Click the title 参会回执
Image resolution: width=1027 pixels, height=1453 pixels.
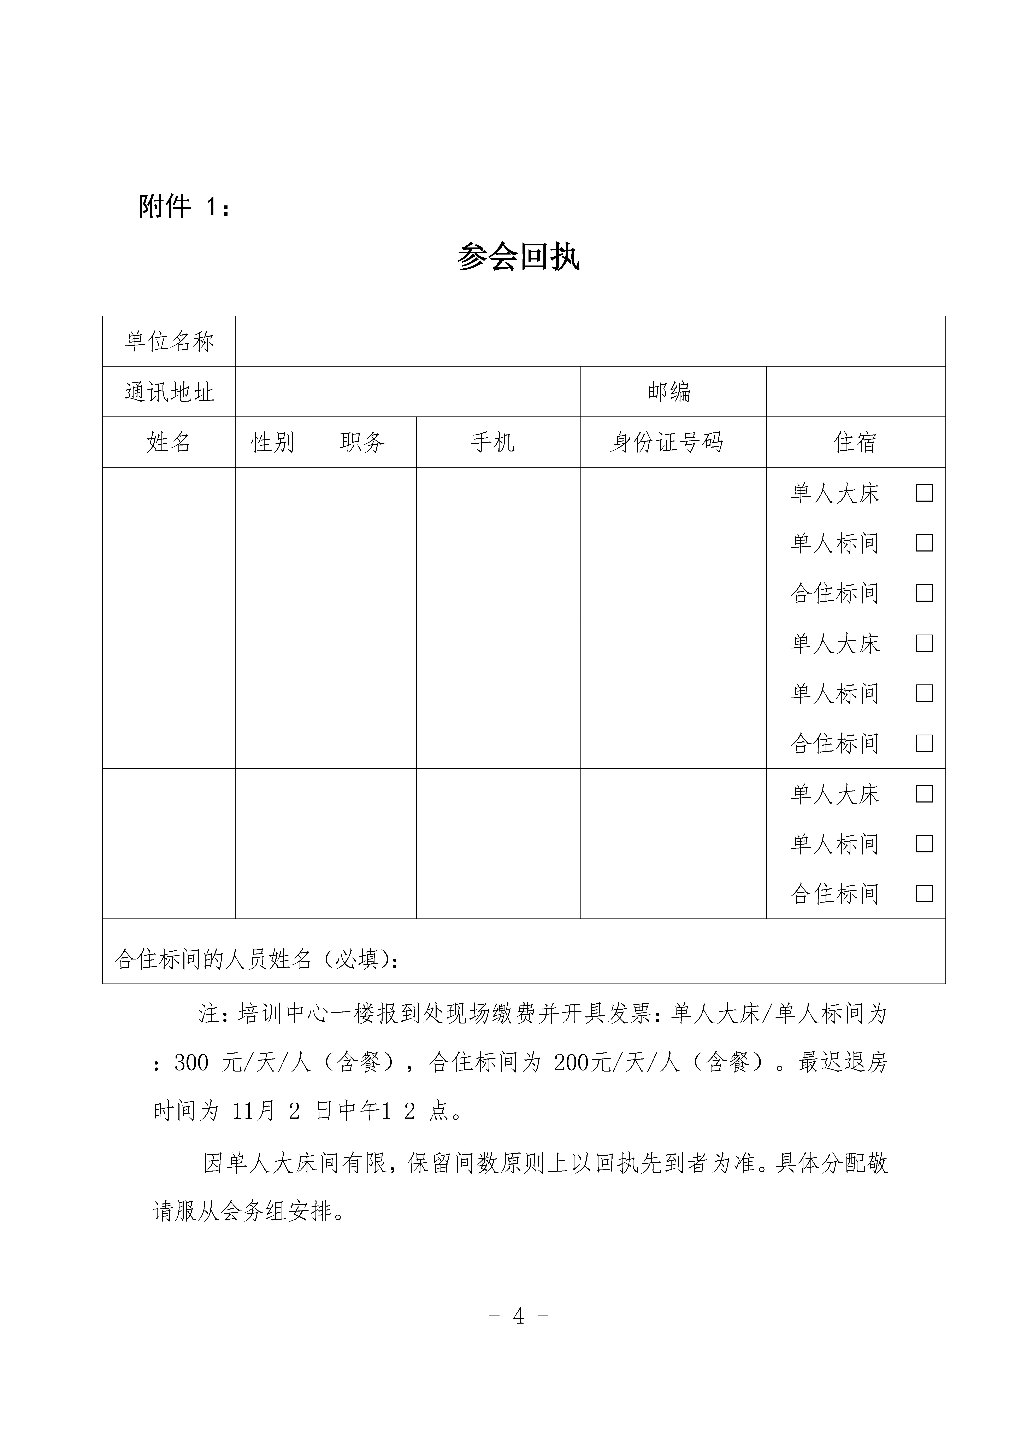point(518,257)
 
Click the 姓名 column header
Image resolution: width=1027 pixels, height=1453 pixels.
point(169,442)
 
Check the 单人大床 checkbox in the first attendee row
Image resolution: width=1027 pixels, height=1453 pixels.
point(924,493)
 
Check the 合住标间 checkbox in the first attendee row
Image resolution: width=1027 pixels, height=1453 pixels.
point(924,593)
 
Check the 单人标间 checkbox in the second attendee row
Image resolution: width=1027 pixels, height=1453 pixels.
point(924,693)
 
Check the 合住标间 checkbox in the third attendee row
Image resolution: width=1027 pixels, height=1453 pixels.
point(924,894)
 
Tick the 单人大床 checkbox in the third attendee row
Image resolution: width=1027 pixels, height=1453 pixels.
point(924,794)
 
